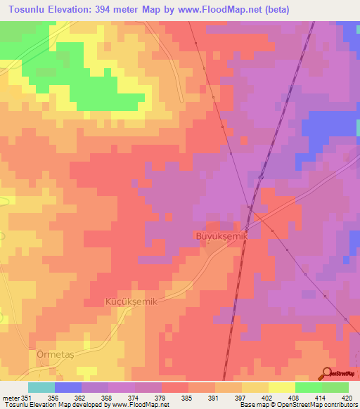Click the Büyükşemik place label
pos(221,237)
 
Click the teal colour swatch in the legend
pos(41,387)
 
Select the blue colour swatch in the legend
pos(67,387)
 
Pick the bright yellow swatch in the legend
pos(281,387)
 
